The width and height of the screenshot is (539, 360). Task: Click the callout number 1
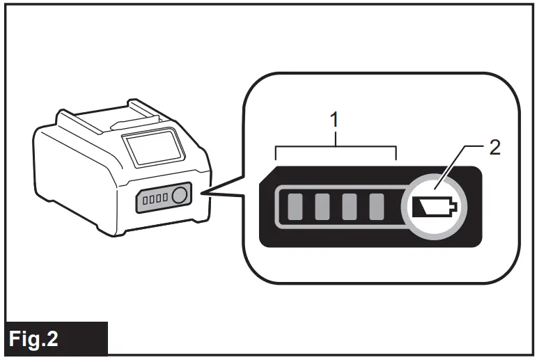pos(336,120)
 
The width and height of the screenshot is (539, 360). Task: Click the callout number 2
pos(495,148)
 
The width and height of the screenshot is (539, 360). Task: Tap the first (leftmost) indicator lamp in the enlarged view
pos(295,206)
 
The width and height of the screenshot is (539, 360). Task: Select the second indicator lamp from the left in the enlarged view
pos(322,206)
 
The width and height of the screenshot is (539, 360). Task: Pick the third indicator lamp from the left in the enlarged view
pos(349,206)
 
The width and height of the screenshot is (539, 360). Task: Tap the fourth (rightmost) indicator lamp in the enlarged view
pos(376,206)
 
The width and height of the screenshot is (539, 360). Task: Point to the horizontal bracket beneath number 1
pos(336,148)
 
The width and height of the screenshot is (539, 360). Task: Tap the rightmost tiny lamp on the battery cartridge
pos(165,198)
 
